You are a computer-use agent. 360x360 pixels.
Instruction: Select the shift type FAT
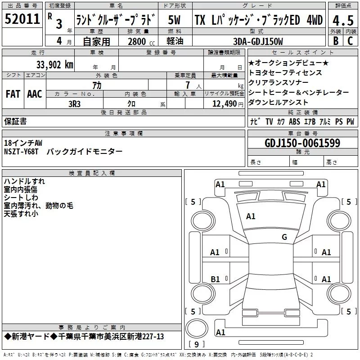(13, 94)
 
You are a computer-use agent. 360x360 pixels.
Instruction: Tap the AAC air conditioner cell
(35, 94)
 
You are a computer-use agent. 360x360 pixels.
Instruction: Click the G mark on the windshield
(284, 237)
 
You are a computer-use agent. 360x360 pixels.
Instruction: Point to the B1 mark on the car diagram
(215, 279)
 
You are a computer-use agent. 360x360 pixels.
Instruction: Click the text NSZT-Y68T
(21, 152)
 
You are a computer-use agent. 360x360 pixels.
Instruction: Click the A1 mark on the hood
(251, 216)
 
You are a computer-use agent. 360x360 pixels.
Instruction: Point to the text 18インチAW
(23, 143)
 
